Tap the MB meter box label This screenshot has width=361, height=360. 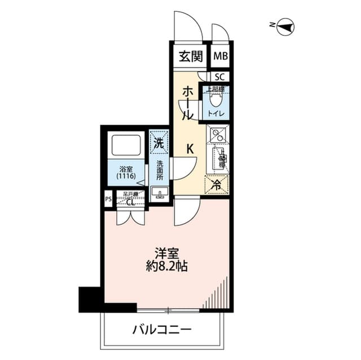click(x=220, y=56)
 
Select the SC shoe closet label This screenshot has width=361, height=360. click(x=220, y=76)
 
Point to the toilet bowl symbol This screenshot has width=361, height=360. click(x=215, y=100)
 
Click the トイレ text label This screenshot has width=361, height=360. click(x=215, y=114)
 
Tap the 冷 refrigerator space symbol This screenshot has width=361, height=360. click(x=216, y=184)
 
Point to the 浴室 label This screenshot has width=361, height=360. click(x=126, y=168)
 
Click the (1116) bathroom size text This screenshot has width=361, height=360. click(x=126, y=176)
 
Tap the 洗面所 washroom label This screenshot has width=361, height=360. click(x=159, y=171)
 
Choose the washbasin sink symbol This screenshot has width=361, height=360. click(x=159, y=195)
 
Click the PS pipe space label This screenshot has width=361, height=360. click(x=108, y=199)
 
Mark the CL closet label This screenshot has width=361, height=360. click(x=130, y=203)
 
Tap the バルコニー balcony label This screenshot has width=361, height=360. click(x=162, y=329)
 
